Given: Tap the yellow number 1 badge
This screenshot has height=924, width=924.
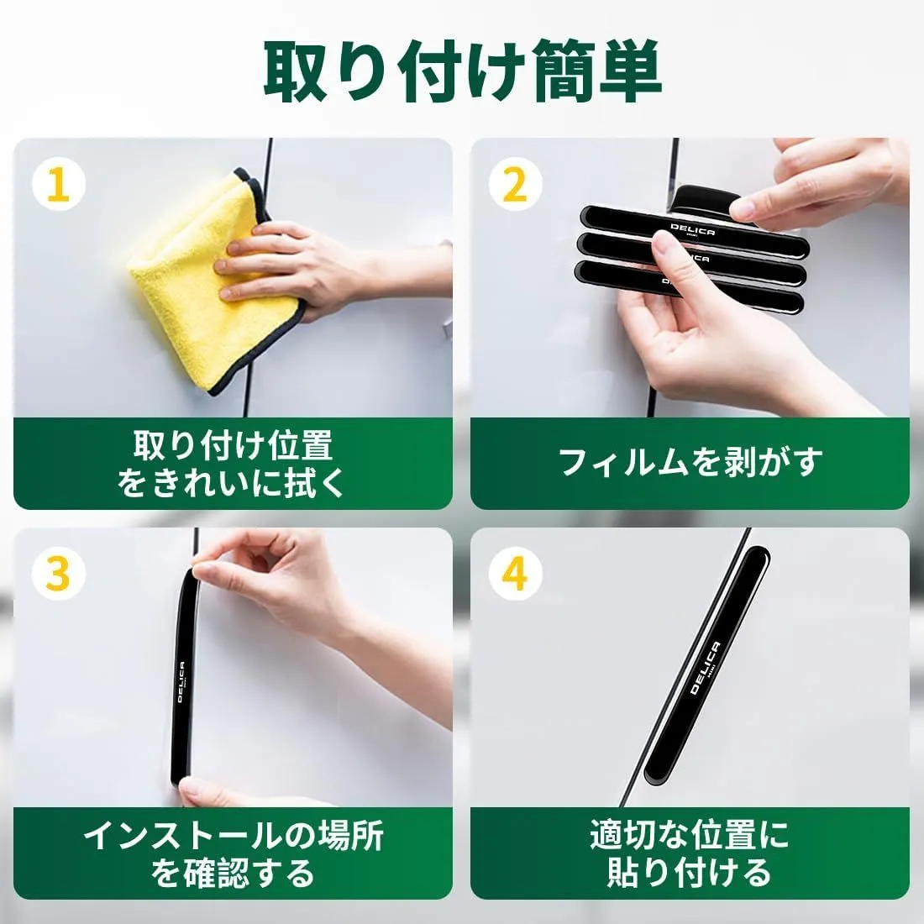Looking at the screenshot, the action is pos(58,185).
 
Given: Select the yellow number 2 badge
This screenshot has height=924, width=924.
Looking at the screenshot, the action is pos(515,185).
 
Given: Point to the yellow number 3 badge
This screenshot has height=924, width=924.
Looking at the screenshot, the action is pos(58,574).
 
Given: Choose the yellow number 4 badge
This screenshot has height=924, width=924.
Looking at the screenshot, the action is pos(515,574).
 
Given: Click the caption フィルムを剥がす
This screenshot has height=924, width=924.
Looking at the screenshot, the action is pos(690,462).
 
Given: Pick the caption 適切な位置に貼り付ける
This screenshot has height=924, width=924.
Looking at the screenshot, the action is pos(690,853).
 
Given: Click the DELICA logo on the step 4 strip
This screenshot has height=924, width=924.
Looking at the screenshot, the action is pos(705,668).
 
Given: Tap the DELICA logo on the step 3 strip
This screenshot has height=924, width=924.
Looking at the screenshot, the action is pos(182,682).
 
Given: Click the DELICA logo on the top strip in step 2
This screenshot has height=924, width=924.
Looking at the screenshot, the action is pos(693,229).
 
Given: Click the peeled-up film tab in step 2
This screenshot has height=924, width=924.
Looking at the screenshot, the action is pos(705,199).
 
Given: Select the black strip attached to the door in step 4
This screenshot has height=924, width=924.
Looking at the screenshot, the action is pos(707,666).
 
